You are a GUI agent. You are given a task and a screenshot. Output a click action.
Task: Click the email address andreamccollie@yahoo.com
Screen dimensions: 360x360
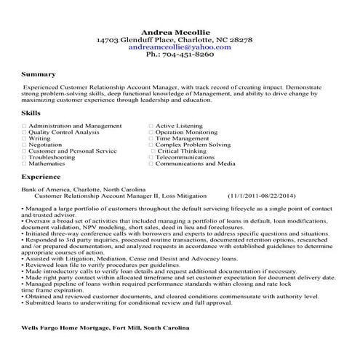point(179,46)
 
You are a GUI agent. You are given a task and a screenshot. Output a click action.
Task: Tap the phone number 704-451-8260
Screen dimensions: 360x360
point(185,54)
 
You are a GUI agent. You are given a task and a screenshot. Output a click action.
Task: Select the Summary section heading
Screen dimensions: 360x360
point(39,74)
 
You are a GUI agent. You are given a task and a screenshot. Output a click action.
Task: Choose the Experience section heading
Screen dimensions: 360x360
point(41,177)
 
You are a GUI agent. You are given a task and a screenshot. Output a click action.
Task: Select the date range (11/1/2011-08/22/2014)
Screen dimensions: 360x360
point(261,196)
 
